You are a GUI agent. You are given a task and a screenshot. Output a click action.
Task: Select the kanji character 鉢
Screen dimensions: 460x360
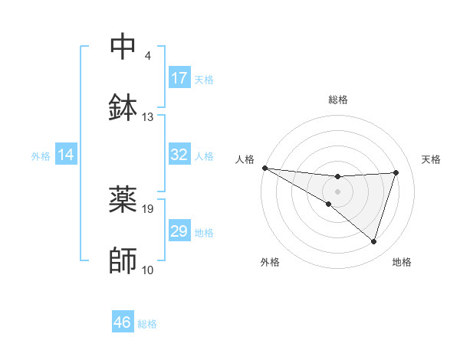click(123, 107)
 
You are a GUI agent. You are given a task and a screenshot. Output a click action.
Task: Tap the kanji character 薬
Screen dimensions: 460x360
click(123, 199)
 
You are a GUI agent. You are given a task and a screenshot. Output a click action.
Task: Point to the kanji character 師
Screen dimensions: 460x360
click(123, 261)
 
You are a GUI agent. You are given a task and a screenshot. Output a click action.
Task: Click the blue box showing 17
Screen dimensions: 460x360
click(179, 78)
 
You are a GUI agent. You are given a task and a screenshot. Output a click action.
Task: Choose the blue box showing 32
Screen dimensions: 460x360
click(179, 155)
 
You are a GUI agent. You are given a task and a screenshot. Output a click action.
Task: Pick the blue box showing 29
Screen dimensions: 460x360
click(179, 231)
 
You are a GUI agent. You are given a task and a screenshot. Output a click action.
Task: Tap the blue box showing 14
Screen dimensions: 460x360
click(66, 155)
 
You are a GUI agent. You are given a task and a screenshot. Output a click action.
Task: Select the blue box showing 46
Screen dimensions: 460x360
click(123, 322)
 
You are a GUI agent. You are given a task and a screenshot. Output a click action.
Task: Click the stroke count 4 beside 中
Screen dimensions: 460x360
click(148, 56)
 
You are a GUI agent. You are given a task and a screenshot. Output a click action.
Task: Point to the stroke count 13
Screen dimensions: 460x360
click(148, 117)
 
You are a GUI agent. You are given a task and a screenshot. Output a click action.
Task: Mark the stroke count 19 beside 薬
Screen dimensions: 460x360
click(148, 208)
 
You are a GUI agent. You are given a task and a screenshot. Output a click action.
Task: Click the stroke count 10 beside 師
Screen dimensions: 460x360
click(148, 270)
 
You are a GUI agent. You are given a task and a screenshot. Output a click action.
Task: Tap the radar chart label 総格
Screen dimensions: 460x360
click(337, 100)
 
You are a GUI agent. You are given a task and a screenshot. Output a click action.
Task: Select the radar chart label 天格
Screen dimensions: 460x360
click(432, 159)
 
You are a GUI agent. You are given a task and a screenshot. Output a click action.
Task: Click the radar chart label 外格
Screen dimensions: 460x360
click(270, 262)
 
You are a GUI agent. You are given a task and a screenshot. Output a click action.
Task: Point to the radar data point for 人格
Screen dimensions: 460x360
click(264, 168)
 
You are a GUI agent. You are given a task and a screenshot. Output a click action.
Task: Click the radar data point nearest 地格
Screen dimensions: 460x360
click(373, 241)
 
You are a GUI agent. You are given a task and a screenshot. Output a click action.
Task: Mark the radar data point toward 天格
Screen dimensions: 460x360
click(396, 172)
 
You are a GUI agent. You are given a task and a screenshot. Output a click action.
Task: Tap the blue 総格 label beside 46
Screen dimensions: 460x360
click(147, 323)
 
